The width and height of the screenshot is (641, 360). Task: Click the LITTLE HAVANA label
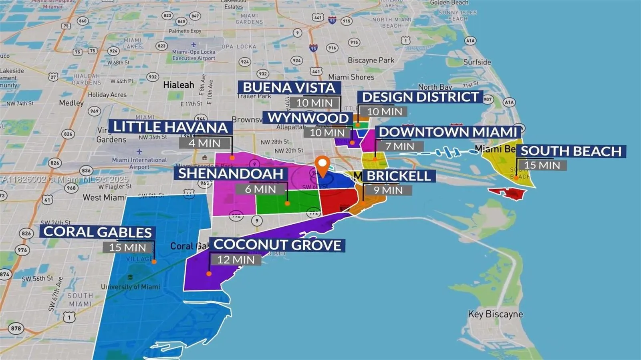(170, 127)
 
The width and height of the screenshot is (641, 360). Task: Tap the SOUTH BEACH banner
(571, 151)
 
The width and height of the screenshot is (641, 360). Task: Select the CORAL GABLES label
(97, 232)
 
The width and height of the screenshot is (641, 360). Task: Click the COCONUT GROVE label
(277, 245)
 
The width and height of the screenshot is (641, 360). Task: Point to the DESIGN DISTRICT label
(420, 97)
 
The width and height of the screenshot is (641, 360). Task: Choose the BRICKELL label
(398, 176)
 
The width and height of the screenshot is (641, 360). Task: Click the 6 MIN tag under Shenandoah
(260, 189)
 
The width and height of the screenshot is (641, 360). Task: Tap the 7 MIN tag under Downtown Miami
(399, 147)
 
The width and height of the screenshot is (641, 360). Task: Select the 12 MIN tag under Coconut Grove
(236, 260)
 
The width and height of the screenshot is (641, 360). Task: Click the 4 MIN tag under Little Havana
(204, 143)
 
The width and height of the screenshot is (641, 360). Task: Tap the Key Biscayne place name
(496, 314)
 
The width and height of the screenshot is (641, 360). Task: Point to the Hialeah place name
(178, 85)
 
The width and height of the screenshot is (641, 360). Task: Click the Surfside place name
(477, 62)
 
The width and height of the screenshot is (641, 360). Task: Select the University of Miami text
(130, 287)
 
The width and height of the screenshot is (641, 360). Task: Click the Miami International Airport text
(139, 163)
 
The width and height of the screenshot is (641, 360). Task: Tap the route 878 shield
(16, 328)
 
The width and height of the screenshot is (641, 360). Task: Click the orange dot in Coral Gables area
(154, 261)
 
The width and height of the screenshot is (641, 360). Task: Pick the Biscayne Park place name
(371, 60)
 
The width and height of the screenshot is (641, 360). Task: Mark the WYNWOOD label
(308, 118)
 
